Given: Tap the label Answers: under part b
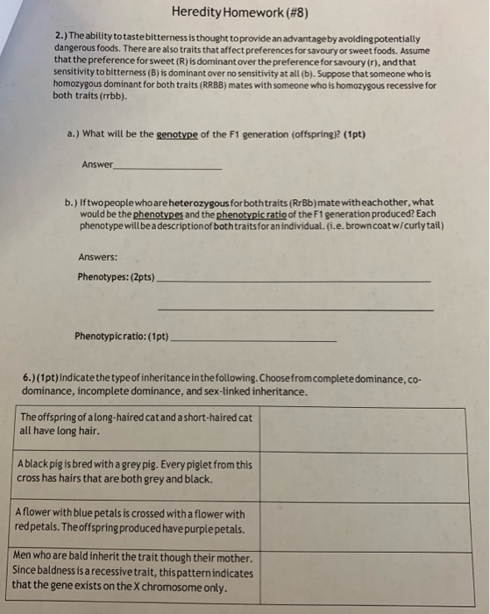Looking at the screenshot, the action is [x=97, y=257].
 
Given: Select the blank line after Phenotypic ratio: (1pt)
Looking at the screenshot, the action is [x=255, y=338].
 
